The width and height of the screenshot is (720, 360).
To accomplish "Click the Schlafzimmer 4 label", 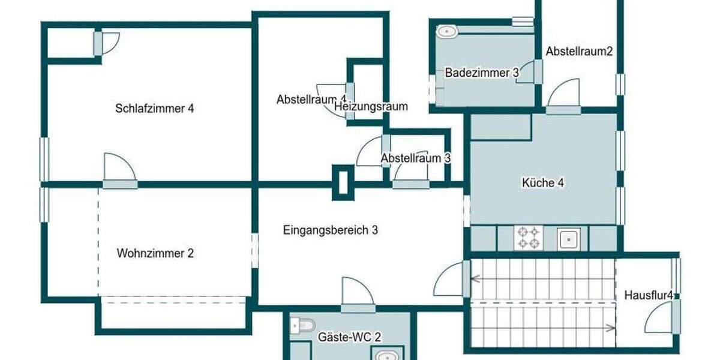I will click(155, 109).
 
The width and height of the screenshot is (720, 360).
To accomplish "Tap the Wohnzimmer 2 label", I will click(155, 253).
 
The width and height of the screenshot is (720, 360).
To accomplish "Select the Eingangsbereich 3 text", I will click(331, 229).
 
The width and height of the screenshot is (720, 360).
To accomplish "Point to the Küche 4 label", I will click(543, 183).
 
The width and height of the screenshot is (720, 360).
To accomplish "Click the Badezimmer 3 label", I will click(482, 73).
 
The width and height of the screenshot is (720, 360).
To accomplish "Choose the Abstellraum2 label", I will click(579, 52).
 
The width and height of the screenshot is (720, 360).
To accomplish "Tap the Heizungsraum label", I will click(371, 107).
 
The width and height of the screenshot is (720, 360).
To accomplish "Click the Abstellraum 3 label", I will click(416, 158).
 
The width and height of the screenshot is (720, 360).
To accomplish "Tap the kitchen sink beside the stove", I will click(568, 239).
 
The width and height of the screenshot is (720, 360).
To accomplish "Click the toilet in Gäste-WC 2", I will click(301, 325).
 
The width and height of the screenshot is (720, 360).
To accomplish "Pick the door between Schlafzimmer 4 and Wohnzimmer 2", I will click(119, 171).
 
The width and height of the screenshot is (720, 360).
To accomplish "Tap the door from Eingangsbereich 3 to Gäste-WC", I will click(358, 294).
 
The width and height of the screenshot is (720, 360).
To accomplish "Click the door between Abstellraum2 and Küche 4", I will click(563, 95).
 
